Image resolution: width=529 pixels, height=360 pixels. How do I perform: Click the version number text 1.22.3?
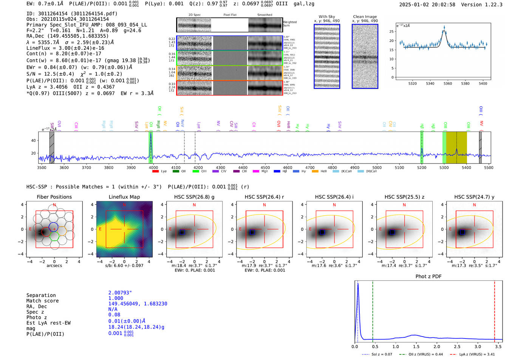pos(491,5)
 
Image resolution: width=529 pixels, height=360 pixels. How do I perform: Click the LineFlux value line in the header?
pos(65,48)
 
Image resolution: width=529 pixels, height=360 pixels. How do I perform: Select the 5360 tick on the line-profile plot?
pos(448,83)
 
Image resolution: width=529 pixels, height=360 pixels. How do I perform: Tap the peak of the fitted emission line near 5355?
pos(444,30)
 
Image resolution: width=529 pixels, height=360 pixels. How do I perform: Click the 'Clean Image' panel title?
pos(365,17)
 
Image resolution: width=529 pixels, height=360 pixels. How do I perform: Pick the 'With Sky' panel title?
pos(327,17)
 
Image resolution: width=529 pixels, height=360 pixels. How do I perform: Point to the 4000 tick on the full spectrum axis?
pos(153,167)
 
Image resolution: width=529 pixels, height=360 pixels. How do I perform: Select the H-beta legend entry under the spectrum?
pos(280,171)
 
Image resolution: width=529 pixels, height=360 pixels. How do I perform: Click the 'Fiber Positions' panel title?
pos(54,197)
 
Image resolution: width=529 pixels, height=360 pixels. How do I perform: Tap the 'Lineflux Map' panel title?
pos(124,197)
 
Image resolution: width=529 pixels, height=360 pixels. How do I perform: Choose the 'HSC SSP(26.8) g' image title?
pos(194,197)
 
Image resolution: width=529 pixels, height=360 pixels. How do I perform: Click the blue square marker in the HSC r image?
pos(252,232)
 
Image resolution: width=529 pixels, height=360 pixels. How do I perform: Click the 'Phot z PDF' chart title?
pos(428,277)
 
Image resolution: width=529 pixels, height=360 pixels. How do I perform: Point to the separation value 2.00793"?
pos(120,293)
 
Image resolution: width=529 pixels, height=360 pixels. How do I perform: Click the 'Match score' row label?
pos(42,301)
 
